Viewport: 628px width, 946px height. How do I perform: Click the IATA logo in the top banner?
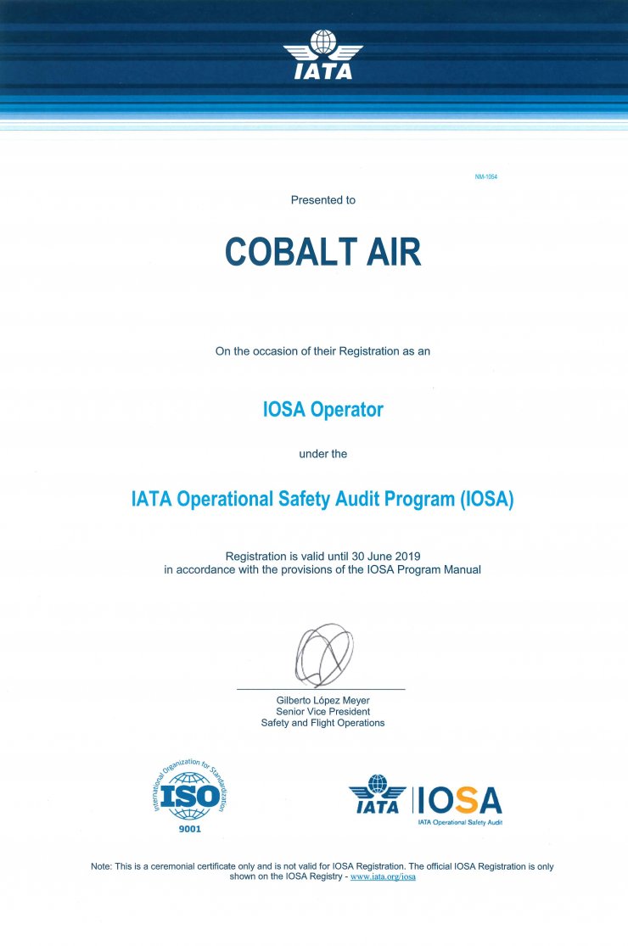coord(322,55)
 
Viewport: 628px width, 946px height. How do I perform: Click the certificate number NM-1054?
coord(485,176)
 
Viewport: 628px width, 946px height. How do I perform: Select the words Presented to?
coord(322,200)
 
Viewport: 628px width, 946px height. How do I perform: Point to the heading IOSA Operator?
coord(322,410)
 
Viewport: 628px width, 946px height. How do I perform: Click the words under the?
coord(322,454)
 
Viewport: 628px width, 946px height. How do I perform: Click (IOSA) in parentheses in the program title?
coord(486,499)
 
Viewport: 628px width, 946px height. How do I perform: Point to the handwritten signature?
coord(323,654)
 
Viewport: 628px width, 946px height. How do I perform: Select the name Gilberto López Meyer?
coord(322,700)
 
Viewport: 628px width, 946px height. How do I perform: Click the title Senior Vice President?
coord(322,712)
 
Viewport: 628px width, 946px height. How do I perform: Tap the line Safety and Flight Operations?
coord(322,723)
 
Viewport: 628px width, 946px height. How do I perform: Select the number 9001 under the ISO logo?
coord(189,828)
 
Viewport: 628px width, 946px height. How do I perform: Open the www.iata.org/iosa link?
coord(383,876)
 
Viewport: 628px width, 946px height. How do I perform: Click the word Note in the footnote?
coord(101,866)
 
